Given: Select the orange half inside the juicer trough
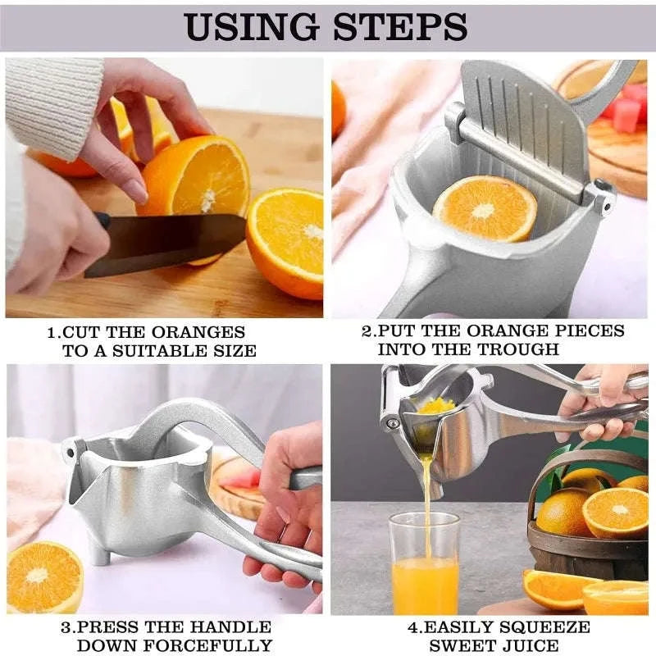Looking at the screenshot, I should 485,208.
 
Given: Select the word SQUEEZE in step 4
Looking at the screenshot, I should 544,627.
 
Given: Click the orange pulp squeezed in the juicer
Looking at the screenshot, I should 436,406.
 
